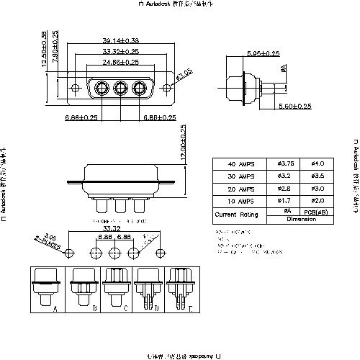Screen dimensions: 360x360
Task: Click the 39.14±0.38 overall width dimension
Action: [120, 41]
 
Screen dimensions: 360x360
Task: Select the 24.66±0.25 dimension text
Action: [120, 63]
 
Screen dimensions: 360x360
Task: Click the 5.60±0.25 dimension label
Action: [294, 107]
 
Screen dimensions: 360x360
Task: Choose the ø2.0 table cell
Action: [317, 201]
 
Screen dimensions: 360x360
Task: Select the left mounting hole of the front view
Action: [76, 89]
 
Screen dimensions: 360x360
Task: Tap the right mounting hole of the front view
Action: [168, 89]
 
